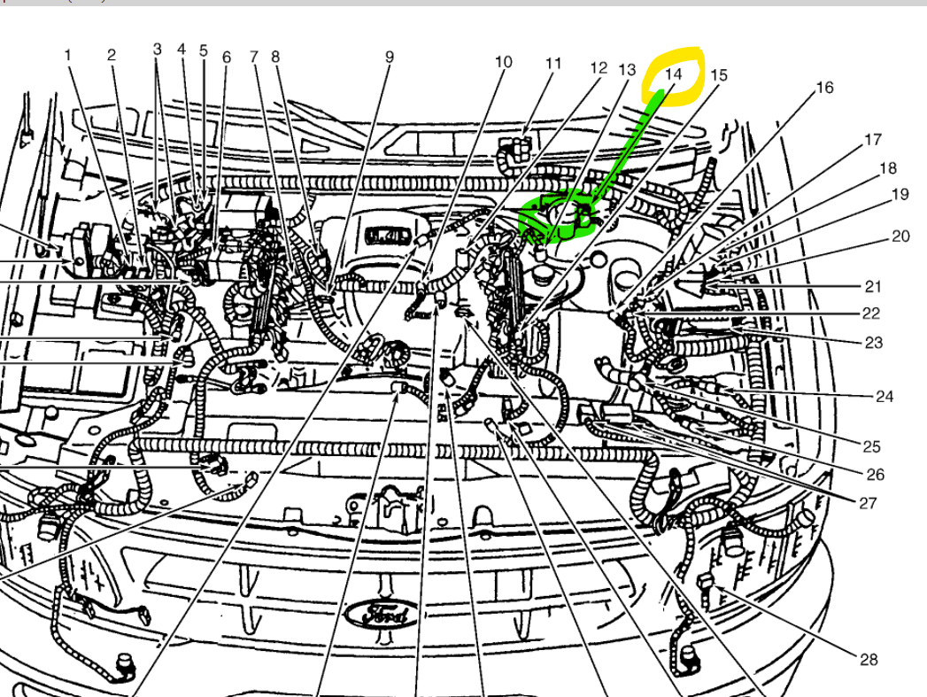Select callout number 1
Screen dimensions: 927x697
pos(67,55)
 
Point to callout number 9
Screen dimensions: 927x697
pos(389,58)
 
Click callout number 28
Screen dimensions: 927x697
pos(869,659)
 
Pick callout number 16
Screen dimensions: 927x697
pos(824,88)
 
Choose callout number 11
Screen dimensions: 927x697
pos(553,64)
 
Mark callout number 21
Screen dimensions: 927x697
pos(873,286)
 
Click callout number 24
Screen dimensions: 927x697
pos(884,397)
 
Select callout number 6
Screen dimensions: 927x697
pos(227,58)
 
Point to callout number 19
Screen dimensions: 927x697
pos(900,195)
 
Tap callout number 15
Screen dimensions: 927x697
pos(718,75)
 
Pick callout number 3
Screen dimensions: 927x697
pos(158,49)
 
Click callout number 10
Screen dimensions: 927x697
pos(503,62)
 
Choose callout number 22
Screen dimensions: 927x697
pos(871,313)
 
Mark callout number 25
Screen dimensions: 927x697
pos(871,445)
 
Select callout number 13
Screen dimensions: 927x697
pos(627,70)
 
